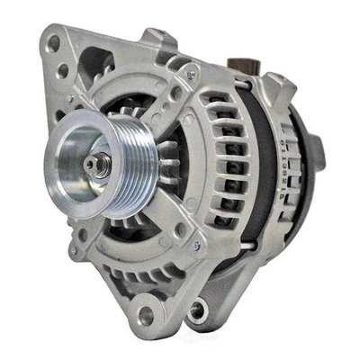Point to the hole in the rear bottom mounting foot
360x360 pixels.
196,310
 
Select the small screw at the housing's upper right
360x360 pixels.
190,75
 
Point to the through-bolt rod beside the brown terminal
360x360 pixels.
241,85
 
